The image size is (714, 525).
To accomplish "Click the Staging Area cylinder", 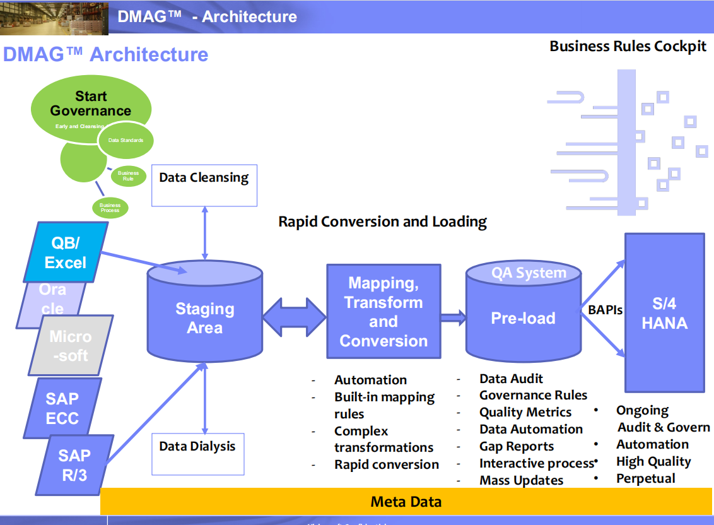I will [x=204, y=319].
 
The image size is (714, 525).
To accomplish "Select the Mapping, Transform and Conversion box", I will [x=383, y=311].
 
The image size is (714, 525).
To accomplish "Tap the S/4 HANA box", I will [x=664, y=314].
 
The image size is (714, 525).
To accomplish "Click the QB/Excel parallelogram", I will [x=66, y=252].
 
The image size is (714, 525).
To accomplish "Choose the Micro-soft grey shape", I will [x=71, y=346].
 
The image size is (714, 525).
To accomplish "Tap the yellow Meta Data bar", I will [x=406, y=502].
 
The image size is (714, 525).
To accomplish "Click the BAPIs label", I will [x=605, y=310].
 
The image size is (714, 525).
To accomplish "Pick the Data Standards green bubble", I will [x=126, y=141].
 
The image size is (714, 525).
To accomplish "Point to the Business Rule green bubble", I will [x=129, y=175].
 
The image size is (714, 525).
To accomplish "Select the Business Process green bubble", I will [x=110, y=207].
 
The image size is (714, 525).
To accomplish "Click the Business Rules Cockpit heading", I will [x=628, y=46].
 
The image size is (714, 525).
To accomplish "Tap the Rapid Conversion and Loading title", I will [x=382, y=221].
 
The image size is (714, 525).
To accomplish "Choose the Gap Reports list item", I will [x=516, y=446].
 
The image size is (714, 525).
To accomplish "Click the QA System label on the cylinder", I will [x=529, y=273].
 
